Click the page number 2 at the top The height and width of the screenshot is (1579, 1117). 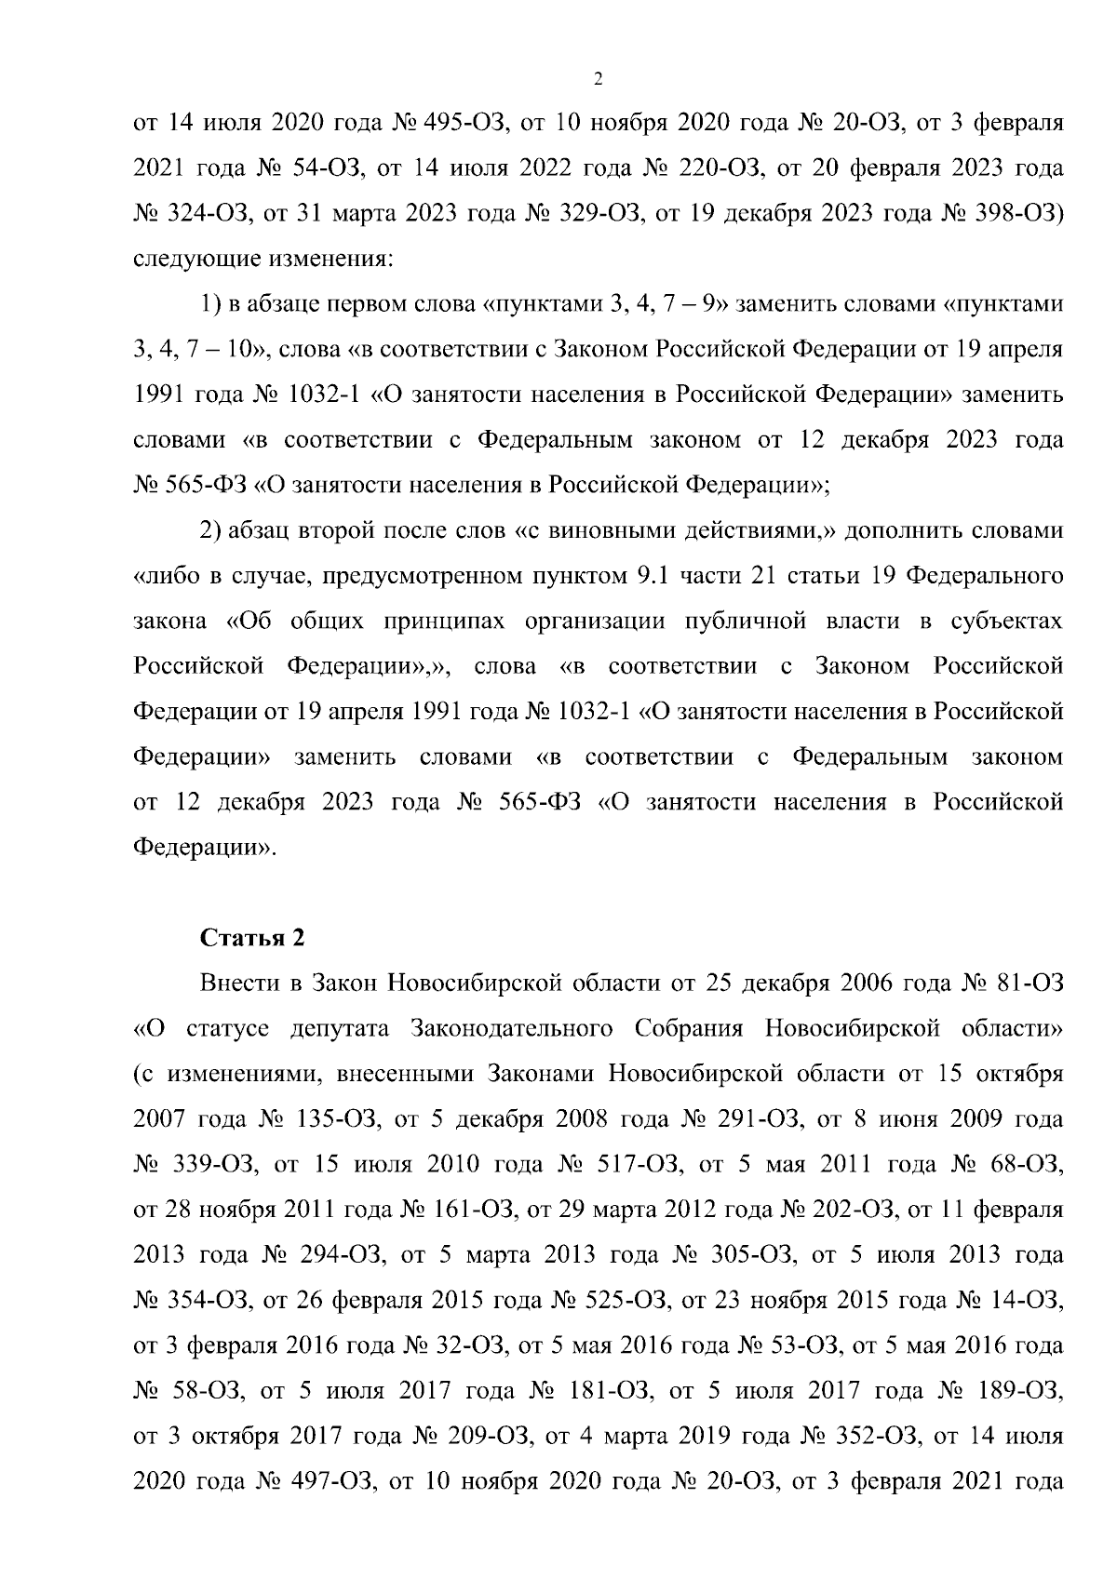[x=598, y=79]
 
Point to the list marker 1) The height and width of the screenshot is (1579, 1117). [x=210, y=304]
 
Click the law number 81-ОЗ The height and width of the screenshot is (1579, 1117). [x=1029, y=984]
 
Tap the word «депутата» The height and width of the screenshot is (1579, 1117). [x=343, y=1029]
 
